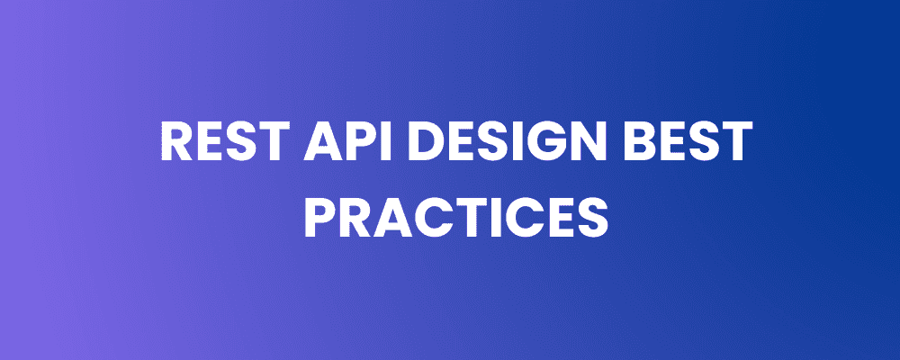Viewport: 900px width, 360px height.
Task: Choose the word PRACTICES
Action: click(455, 217)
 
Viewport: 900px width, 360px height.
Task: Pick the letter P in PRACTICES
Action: click(319, 217)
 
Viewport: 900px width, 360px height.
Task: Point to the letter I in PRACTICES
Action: click(490, 217)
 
